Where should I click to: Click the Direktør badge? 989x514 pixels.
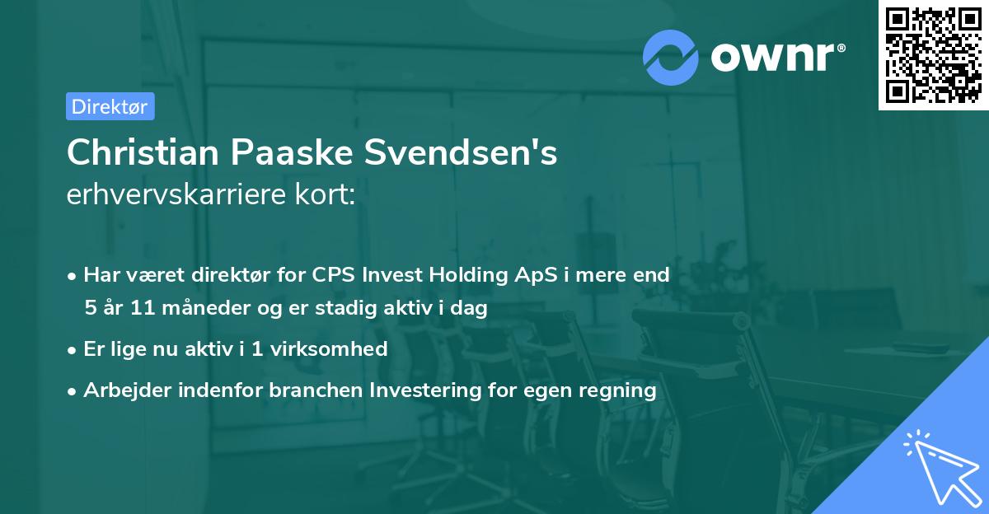pos(110,106)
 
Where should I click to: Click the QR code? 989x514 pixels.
pos(933,54)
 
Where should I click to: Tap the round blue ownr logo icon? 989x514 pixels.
pos(671,57)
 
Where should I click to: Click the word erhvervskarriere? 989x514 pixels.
pos(166,195)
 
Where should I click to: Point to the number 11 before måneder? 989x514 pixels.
pos(130,309)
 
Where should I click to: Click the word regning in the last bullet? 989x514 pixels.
pos(620,390)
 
